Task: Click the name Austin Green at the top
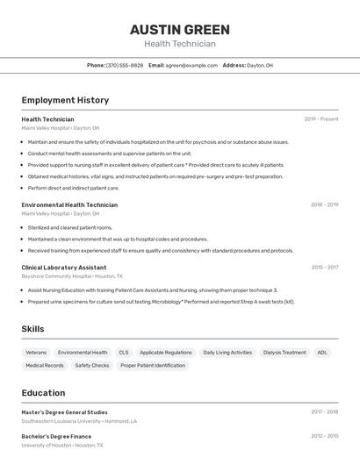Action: [179, 30]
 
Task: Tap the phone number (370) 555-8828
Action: [125, 65]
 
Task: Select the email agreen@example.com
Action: [191, 65]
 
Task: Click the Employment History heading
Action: [65, 101]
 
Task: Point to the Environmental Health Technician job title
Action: [69, 204]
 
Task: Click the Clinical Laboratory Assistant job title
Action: [64, 268]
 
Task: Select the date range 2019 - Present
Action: [321, 119]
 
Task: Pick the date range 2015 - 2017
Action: [324, 268]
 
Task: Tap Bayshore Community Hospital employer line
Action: [72, 275]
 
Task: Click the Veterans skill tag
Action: [36, 353]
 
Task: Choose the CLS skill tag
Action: [124, 353]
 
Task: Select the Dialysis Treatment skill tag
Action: [284, 353]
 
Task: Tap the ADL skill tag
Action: [322, 353]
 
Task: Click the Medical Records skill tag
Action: [45, 365]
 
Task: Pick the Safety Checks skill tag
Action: [92, 365]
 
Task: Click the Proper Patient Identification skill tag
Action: [153, 365]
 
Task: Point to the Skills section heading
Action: [32, 329]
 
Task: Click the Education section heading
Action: [43, 393]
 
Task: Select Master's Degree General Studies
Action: [65, 411]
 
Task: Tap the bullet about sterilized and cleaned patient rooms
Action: [70, 227]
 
